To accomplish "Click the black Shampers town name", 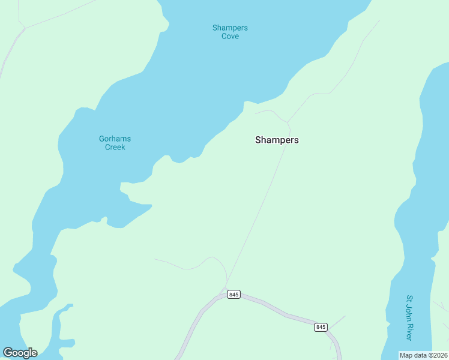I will pyautogui.click(x=277, y=140).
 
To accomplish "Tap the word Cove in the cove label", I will pyautogui.click(x=230, y=36).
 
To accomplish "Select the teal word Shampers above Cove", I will pyautogui.click(x=230, y=28).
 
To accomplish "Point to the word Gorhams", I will pyautogui.click(x=115, y=139).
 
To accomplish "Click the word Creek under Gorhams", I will pyautogui.click(x=115, y=147).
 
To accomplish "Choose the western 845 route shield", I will pyautogui.click(x=234, y=295).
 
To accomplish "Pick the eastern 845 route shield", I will pyautogui.click(x=321, y=327).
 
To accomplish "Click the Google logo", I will pyautogui.click(x=20, y=353).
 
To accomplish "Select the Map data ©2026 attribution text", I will pyautogui.click(x=423, y=355).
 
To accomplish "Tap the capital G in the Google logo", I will pyautogui.click(x=8, y=353).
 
